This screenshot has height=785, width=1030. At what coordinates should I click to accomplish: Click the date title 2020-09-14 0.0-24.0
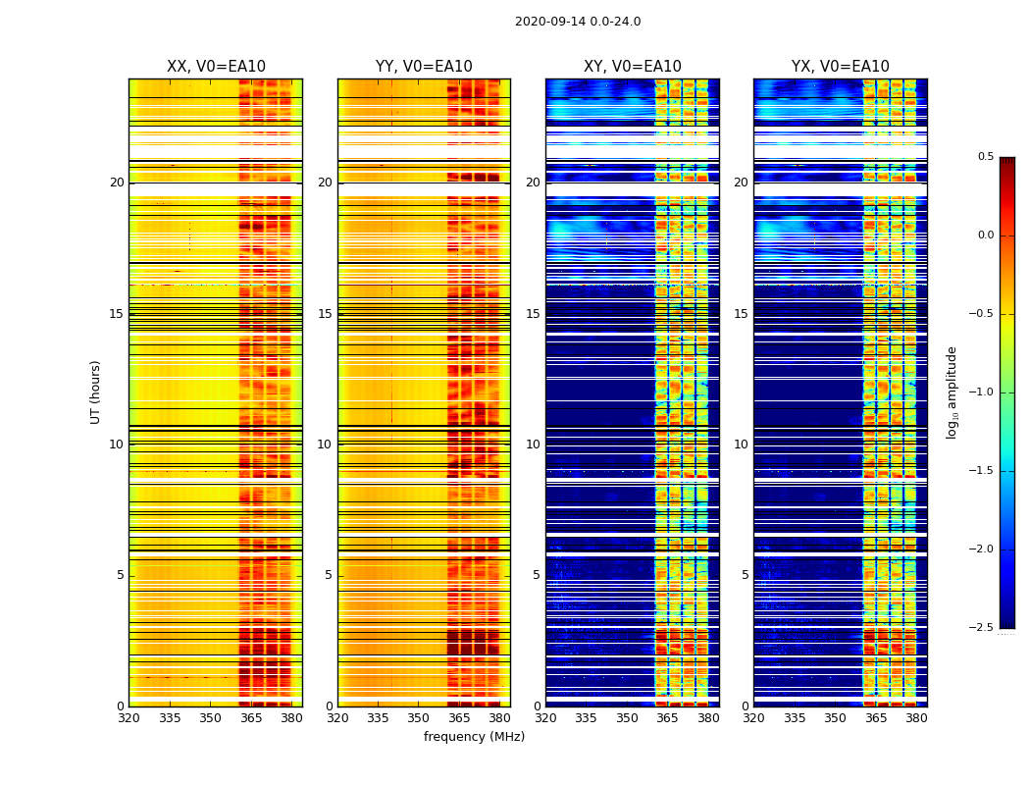pos(578,22)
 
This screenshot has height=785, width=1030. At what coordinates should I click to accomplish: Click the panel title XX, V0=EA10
pos(216,67)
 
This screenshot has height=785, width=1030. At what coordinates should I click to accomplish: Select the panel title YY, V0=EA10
pos(424,67)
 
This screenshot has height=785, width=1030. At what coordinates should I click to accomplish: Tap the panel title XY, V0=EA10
pos(632,67)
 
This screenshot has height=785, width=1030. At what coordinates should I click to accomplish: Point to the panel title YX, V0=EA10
pos(840,67)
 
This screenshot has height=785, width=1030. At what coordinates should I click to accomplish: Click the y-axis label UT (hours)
pos(96,392)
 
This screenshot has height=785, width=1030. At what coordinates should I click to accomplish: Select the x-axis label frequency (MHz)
pos(474,737)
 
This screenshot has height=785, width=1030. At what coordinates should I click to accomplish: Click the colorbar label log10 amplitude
pos(952,392)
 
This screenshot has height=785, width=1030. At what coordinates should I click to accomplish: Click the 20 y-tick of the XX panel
pos(117,183)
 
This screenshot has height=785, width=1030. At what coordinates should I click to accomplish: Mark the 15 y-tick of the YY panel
pos(326,314)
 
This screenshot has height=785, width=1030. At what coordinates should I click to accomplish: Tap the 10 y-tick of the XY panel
pos(534,445)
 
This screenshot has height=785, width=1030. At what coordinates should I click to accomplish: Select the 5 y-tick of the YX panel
pos(746,575)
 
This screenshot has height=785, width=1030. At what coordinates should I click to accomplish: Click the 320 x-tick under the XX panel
pos(129,718)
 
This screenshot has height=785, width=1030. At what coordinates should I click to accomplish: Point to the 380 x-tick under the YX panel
pos(916,718)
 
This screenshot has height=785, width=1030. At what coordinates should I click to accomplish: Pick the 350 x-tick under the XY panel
pos(627,718)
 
